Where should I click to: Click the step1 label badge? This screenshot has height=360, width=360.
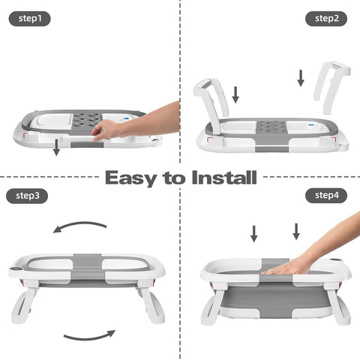coord(29,19)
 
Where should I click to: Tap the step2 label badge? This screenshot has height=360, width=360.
coord(326,19)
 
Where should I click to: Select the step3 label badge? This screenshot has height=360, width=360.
coord(27,196)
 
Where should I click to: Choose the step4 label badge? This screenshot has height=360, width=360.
coord(326,195)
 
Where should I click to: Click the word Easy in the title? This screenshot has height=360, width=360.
coord(130,178)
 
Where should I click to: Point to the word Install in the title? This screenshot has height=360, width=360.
coord(224,177)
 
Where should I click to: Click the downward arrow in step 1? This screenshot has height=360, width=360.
coord(56,147)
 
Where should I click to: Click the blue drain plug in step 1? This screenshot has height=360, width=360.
coord(127,119)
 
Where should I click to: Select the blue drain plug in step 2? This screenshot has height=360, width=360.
coord(311,125)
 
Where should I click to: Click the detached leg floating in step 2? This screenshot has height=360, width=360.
coord(331,88)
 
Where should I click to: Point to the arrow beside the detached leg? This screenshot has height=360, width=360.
coord(301,78)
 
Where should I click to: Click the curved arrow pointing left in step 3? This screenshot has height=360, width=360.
coord(79,223)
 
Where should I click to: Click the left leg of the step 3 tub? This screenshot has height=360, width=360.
coord(25,301)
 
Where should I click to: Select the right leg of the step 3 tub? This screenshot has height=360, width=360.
coord(151,301)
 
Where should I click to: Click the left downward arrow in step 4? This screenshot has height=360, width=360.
coord(254,234)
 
